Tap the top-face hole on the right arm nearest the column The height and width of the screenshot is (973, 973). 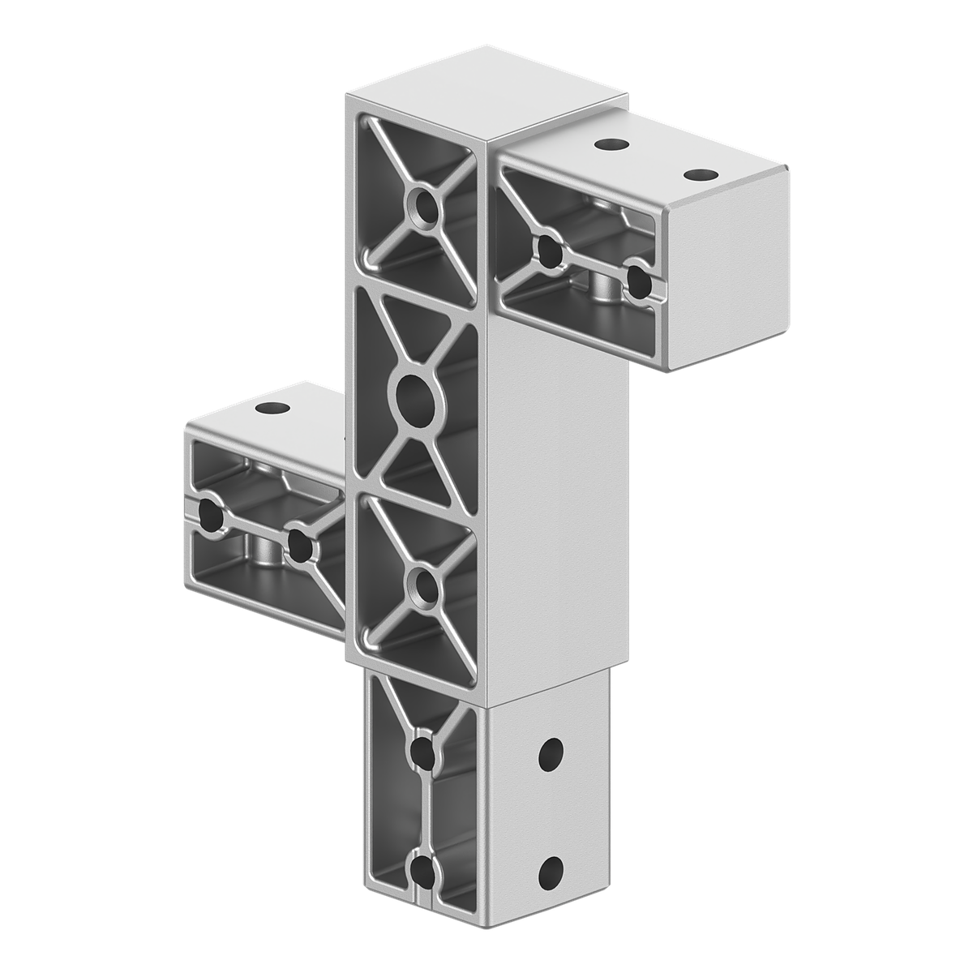[612, 145]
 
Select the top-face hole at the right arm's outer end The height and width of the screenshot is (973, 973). [701, 174]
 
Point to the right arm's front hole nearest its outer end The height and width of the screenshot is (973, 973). [640, 281]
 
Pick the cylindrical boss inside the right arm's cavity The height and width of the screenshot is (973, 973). [603, 288]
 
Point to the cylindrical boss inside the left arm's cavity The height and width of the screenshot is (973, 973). [263, 555]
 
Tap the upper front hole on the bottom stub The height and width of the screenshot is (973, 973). [422, 751]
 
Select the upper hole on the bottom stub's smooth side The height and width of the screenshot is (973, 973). [551, 756]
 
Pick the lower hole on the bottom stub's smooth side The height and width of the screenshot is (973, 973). [551, 873]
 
